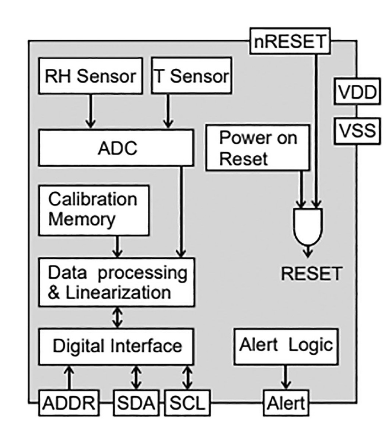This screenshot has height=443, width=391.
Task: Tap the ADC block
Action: pos(117,148)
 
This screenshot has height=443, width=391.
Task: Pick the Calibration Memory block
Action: pos(93,210)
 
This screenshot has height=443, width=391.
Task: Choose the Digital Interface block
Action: pos(117,346)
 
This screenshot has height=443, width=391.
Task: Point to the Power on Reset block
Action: pos(258,148)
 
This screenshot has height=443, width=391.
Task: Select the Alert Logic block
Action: pos(286,346)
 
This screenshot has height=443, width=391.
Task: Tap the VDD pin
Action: pos(357,92)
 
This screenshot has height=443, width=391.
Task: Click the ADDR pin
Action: pos(68,403)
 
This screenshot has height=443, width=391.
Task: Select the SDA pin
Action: pos(136,403)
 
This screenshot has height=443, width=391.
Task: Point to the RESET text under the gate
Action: pos(312,273)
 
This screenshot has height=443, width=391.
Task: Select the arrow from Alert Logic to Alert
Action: pos(285,377)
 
